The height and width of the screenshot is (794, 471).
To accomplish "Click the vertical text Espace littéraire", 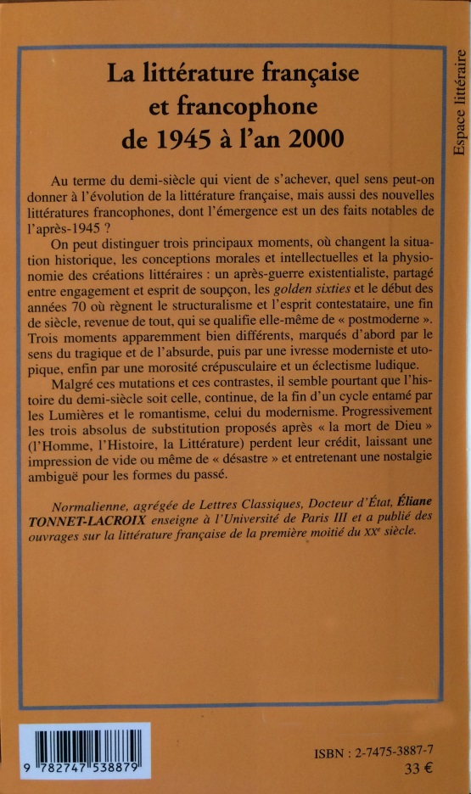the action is (459, 102).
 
